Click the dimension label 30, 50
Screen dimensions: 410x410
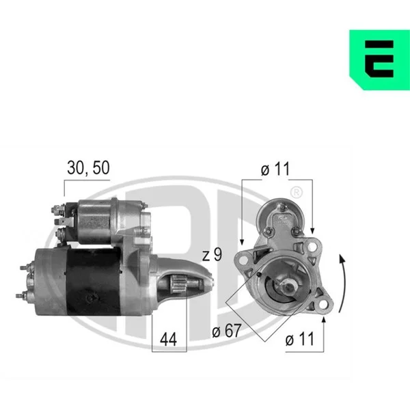[x=88, y=167]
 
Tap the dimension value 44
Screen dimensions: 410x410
[x=168, y=340]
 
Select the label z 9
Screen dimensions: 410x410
[x=212, y=254]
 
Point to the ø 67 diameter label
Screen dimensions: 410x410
[x=226, y=331]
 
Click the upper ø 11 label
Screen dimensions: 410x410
[x=275, y=169]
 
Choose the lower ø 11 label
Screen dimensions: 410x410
[x=300, y=339]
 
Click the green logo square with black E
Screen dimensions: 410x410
[x=380, y=60]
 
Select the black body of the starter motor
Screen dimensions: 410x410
[x=93, y=282]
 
